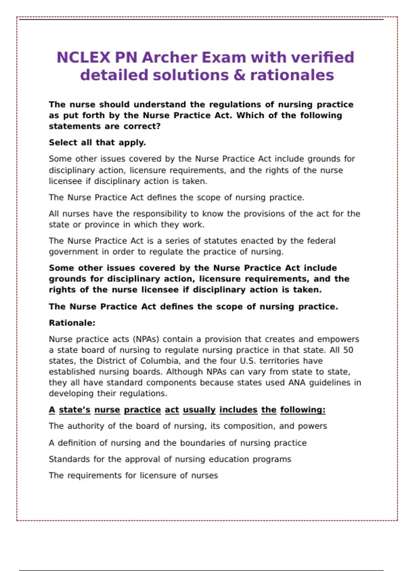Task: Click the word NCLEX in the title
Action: point(83,57)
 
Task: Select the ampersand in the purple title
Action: point(239,75)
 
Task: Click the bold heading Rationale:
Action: point(72,323)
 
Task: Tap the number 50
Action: point(348,350)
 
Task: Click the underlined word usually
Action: point(199,410)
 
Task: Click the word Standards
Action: point(69,459)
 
